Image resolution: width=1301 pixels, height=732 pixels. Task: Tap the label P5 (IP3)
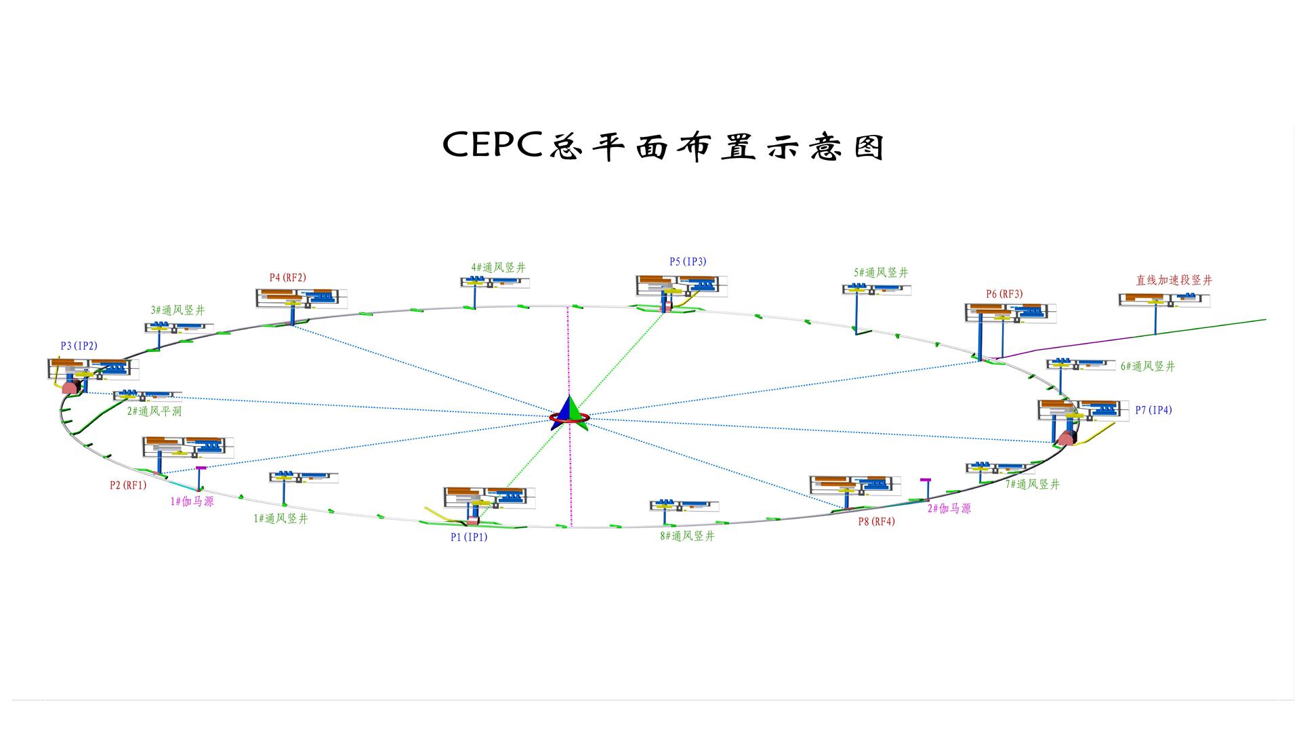(x=688, y=262)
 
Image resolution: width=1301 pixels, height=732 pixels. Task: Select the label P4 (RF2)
(x=287, y=277)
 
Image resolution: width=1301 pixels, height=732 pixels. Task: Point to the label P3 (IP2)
(x=79, y=346)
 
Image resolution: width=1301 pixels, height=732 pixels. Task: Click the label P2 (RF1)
(x=128, y=485)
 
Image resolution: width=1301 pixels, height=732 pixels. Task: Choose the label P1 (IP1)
(x=469, y=537)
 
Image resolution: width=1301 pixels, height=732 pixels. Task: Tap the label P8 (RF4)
(x=876, y=522)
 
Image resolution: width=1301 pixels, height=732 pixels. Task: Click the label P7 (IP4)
(x=1153, y=410)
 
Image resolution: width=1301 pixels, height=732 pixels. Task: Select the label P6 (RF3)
(x=1004, y=294)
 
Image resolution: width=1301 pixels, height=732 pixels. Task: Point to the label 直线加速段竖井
(x=1174, y=280)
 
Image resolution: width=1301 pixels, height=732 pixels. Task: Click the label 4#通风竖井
(x=498, y=268)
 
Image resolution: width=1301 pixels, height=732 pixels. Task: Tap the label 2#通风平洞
(x=154, y=411)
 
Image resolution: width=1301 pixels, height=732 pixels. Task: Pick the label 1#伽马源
(x=192, y=502)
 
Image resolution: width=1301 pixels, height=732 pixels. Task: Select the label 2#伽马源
(x=949, y=509)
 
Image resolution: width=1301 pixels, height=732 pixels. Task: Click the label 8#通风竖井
(x=687, y=536)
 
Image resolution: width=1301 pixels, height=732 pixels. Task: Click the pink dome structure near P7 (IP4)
(x=1067, y=439)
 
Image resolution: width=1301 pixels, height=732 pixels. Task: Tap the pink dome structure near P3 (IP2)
(x=70, y=388)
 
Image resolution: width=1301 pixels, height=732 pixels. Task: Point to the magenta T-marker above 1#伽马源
(x=201, y=468)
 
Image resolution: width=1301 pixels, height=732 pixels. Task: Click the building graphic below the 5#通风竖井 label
(x=876, y=289)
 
